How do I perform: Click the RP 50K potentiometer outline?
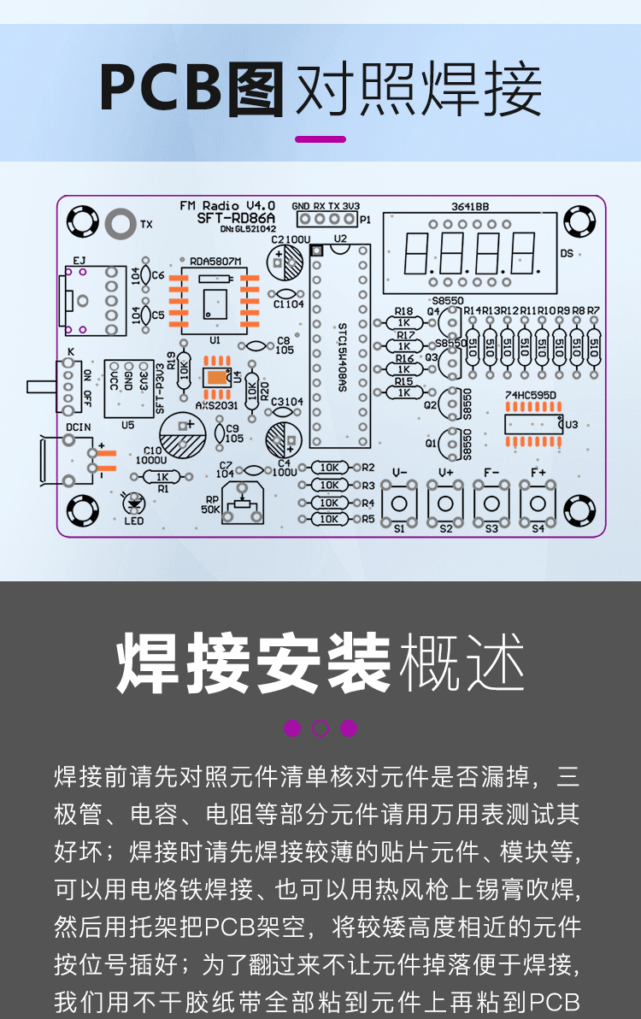[246, 504]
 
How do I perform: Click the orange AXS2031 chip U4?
[217, 377]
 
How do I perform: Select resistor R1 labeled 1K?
[162, 477]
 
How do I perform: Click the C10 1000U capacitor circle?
[183, 436]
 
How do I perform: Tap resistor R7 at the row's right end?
[593, 346]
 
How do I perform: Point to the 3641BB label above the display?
[469, 206]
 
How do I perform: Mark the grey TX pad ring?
[121, 224]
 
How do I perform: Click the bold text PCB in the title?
[161, 88]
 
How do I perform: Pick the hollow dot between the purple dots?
[320, 728]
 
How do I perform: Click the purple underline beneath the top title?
[320, 138]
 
